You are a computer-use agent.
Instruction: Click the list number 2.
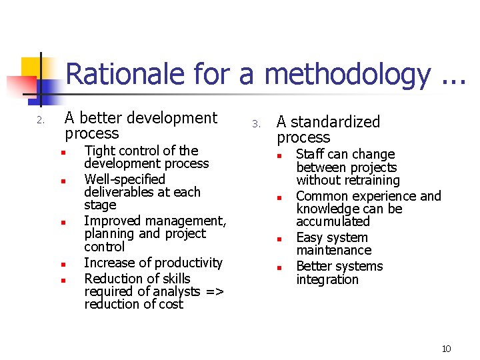coord(40,121)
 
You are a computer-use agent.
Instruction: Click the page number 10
coord(446,349)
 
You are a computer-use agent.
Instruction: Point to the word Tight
coord(99,151)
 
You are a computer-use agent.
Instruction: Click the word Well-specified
coord(125,179)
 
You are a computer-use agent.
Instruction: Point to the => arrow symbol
coord(214,292)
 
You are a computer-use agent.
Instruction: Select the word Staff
coord(311,155)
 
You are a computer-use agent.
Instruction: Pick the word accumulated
coord(333,221)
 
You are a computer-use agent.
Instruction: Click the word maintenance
coord(334,251)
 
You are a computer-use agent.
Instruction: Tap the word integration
coord(327,279)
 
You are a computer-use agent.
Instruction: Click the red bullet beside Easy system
coord(281,238)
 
